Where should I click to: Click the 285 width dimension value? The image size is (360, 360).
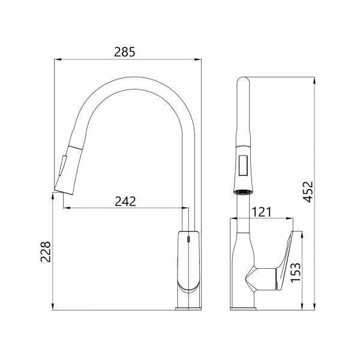click(x=125, y=52)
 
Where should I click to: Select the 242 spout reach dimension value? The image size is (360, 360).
click(x=125, y=202)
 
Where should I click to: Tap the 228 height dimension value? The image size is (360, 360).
click(x=46, y=251)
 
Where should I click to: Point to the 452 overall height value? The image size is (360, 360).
click(x=308, y=192)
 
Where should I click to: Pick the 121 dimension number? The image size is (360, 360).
click(x=262, y=212)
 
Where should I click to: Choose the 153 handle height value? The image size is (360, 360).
click(x=295, y=272)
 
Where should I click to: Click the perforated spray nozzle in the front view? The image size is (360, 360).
click(x=243, y=192)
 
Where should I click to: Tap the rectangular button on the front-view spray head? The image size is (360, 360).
click(x=243, y=166)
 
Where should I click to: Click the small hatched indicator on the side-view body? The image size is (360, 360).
click(x=188, y=239)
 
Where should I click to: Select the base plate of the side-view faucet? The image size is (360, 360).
click(x=188, y=308)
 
